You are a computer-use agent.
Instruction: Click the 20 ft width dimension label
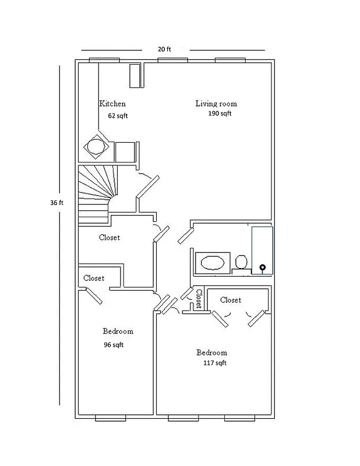(165, 50)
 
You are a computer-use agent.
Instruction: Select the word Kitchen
(112, 104)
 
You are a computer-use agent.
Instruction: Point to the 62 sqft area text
(118, 116)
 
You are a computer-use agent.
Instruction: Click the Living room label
(216, 104)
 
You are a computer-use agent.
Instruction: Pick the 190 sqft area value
(220, 114)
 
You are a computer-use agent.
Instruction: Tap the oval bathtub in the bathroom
(211, 263)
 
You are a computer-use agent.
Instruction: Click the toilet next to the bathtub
(241, 262)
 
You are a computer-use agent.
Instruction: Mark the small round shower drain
(262, 268)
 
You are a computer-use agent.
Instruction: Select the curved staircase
(96, 192)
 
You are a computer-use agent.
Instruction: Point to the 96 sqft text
(113, 344)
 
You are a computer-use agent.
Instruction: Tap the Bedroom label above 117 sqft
(211, 352)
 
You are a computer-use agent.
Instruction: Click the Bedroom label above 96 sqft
(118, 331)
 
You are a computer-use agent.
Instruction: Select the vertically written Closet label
(199, 298)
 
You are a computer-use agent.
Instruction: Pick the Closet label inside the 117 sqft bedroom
(231, 300)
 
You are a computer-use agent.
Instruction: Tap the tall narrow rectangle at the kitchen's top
(135, 76)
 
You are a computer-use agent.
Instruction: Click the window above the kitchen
(104, 60)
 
